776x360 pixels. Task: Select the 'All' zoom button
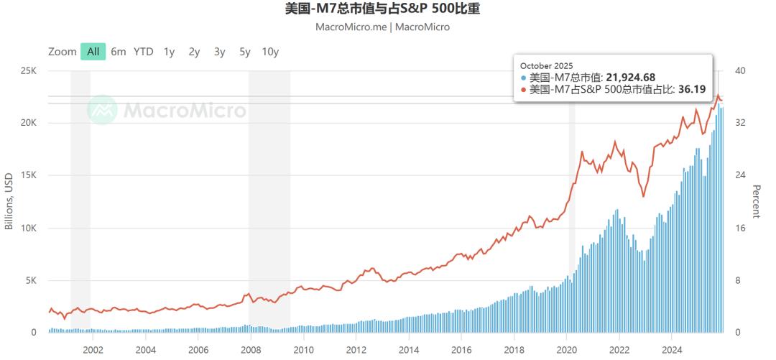click(x=93, y=52)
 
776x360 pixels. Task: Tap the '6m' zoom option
click(x=119, y=52)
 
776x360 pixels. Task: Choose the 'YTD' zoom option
click(x=144, y=52)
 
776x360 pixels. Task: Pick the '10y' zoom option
click(x=270, y=52)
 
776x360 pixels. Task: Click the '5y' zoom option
click(x=245, y=52)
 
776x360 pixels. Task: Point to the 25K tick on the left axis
click(x=28, y=70)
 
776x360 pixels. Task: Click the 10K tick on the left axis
click(x=28, y=228)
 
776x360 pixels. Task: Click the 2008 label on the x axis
click(x=251, y=350)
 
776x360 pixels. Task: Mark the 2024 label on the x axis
click(x=671, y=350)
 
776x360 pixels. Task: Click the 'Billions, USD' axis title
click(x=9, y=201)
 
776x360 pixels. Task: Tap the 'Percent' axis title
click(x=756, y=201)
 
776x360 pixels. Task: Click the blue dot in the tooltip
click(x=524, y=78)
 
